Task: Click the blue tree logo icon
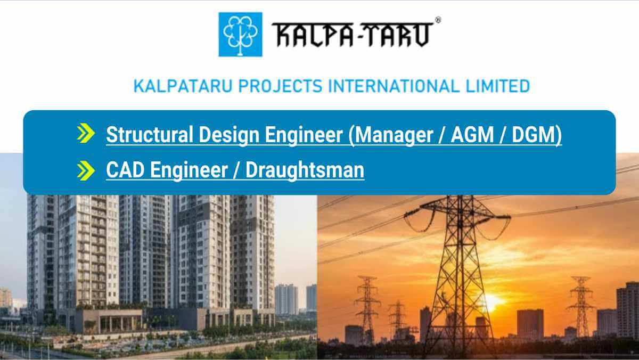coord(240,34)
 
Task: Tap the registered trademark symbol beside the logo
coord(438,20)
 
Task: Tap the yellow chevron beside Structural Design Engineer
coord(85,134)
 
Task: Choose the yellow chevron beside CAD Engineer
coord(85,170)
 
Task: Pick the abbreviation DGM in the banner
coord(534,135)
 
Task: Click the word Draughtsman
coord(305,170)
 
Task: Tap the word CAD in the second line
coord(126,170)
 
